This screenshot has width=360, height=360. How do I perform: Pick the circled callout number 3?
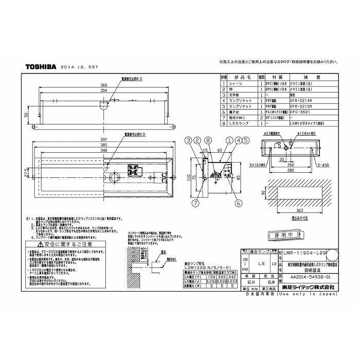coord(189,140)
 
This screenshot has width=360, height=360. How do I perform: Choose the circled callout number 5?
coord(245,140)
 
